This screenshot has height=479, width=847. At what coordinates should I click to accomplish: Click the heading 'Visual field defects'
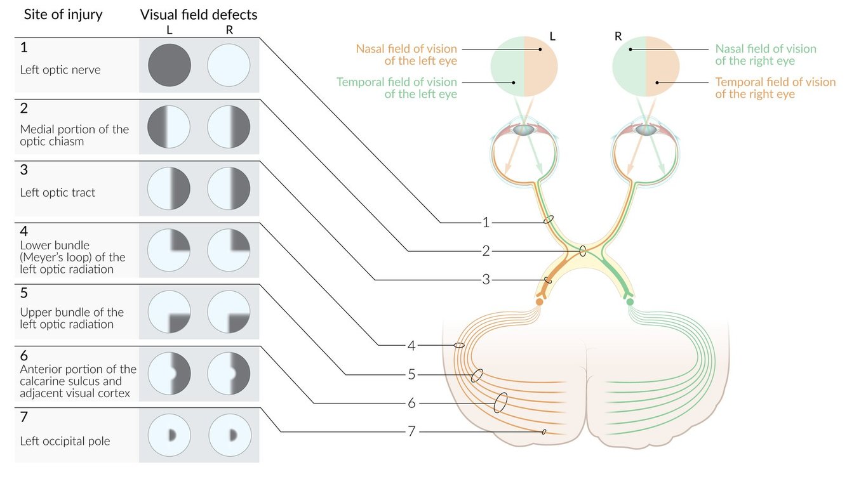[x=199, y=14]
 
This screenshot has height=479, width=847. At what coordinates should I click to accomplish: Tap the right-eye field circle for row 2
[x=229, y=127]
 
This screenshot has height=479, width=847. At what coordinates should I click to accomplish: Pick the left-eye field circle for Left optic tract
[x=170, y=188]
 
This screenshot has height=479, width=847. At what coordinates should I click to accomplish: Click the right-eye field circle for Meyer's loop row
[x=229, y=250]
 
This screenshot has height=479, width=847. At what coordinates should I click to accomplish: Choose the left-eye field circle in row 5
[x=170, y=312]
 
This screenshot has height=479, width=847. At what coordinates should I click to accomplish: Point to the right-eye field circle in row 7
[x=229, y=435]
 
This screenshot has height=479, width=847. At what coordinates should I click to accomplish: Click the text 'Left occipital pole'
[x=65, y=441]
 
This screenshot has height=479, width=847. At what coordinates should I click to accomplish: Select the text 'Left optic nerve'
[x=60, y=70]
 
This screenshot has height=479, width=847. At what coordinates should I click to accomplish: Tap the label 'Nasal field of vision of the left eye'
[x=406, y=55]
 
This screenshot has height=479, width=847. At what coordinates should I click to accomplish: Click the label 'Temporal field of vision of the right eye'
[x=775, y=88]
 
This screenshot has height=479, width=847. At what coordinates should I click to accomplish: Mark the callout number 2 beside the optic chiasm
[x=486, y=251]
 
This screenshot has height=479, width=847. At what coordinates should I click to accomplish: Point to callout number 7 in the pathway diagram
[x=411, y=431]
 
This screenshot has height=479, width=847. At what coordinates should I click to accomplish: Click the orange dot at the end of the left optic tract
[x=539, y=302]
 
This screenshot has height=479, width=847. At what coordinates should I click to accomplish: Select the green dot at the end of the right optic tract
[x=630, y=302]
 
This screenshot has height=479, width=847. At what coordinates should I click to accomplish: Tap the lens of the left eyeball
[x=524, y=129]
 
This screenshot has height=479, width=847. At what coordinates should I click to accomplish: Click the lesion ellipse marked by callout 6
[x=500, y=403]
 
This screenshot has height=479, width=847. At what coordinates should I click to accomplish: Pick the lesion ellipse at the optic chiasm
[x=583, y=251]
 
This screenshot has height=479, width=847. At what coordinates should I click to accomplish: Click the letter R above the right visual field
[x=618, y=36]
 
